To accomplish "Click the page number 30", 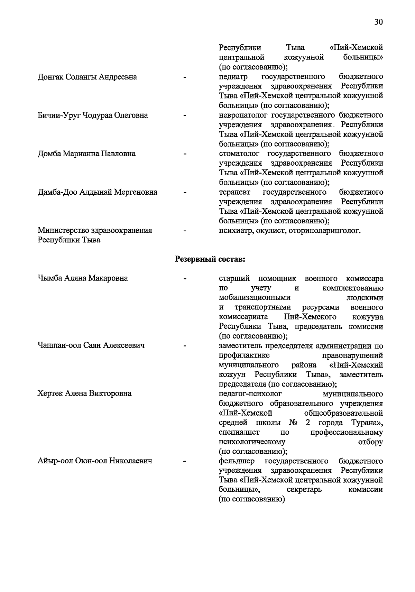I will (378, 22).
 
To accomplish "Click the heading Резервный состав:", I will (210, 259).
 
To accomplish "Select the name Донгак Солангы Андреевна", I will (87, 77).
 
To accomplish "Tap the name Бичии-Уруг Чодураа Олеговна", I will (93, 115).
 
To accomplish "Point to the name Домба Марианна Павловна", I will (86, 154).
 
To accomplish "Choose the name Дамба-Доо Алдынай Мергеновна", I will (97, 192).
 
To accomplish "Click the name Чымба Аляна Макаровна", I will (83, 278).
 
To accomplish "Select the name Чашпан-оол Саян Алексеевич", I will (91, 345).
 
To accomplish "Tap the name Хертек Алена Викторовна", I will (84, 394).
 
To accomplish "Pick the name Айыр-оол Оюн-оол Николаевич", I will (95, 461).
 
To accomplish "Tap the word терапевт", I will (234, 192).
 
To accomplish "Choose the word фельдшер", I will (237, 461).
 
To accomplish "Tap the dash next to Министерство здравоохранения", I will (185, 231).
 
